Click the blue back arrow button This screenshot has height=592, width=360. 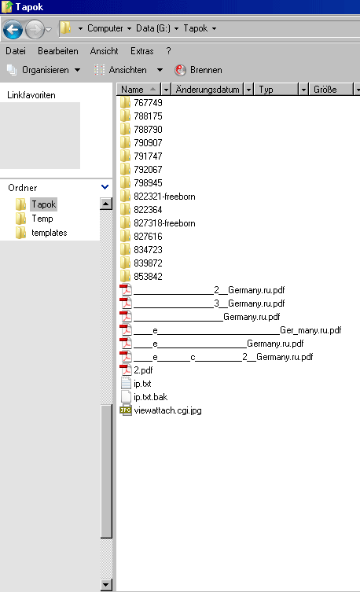click(x=13, y=29)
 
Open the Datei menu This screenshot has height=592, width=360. click(x=16, y=51)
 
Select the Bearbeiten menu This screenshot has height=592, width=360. click(x=57, y=51)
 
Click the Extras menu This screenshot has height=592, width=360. click(x=142, y=51)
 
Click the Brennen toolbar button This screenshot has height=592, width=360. click(x=199, y=70)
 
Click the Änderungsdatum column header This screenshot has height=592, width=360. click(x=208, y=90)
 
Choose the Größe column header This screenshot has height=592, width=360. click(x=325, y=90)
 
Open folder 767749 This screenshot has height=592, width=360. click(x=141, y=103)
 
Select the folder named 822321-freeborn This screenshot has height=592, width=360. click(x=158, y=197)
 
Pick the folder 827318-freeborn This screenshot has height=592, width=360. click(x=158, y=223)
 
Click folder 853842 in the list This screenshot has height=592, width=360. click(x=141, y=277)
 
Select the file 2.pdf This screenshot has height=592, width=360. click(x=136, y=370)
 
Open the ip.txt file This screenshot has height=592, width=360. click(x=136, y=384)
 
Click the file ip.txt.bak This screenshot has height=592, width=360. click(x=144, y=397)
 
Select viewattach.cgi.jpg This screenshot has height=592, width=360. click(x=161, y=410)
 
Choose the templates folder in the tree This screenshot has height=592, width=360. click(x=42, y=233)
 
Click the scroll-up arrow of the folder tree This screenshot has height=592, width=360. click(x=106, y=204)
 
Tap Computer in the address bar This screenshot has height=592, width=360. click(x=105, y=28)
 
